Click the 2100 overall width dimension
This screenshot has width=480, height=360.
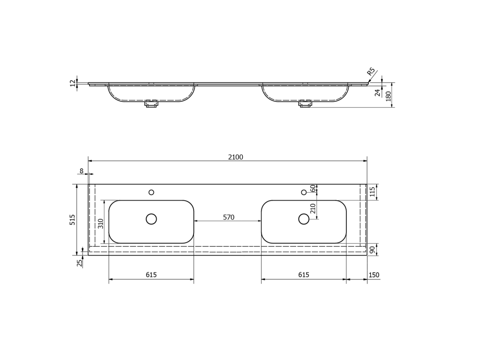click(x=235, y=157)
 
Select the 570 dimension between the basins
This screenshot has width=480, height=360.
click(x=228, y=217)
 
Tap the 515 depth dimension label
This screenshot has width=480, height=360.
click(x=72, y=220)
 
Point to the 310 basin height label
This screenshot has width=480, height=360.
click(x=101, y=224)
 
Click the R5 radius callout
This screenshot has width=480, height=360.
click(x=371, y=72)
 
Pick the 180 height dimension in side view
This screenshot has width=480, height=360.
click(x=389, y=97)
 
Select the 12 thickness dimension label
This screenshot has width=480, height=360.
click(x=73, y=83)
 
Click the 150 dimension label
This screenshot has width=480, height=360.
click(x=374, y=275)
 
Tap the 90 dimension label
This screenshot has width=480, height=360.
click(x=373, y=250)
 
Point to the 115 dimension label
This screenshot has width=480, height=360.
click(x=372, y=192)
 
